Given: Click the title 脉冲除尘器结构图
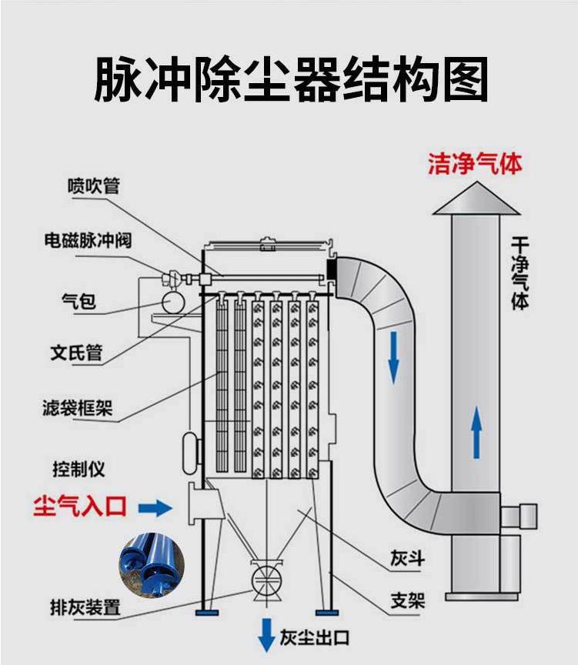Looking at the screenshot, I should pyautogui.click(x=291, y=79).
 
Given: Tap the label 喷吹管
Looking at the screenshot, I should pyautogui.click(x=94, y=185).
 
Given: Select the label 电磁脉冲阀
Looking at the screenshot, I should pyautogui.click(x=87, y=240).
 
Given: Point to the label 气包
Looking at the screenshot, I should pyautogui.click(x=79, y=301).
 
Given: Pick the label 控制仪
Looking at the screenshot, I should pyautogui.click(x=79, y=468).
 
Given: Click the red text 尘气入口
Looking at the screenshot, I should pyautogui.click(x=79, y=506).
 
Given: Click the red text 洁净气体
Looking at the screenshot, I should pyautogui.click(x=475, y=164).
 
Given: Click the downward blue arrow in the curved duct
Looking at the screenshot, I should pyautogui.click(x=394, y=356).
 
